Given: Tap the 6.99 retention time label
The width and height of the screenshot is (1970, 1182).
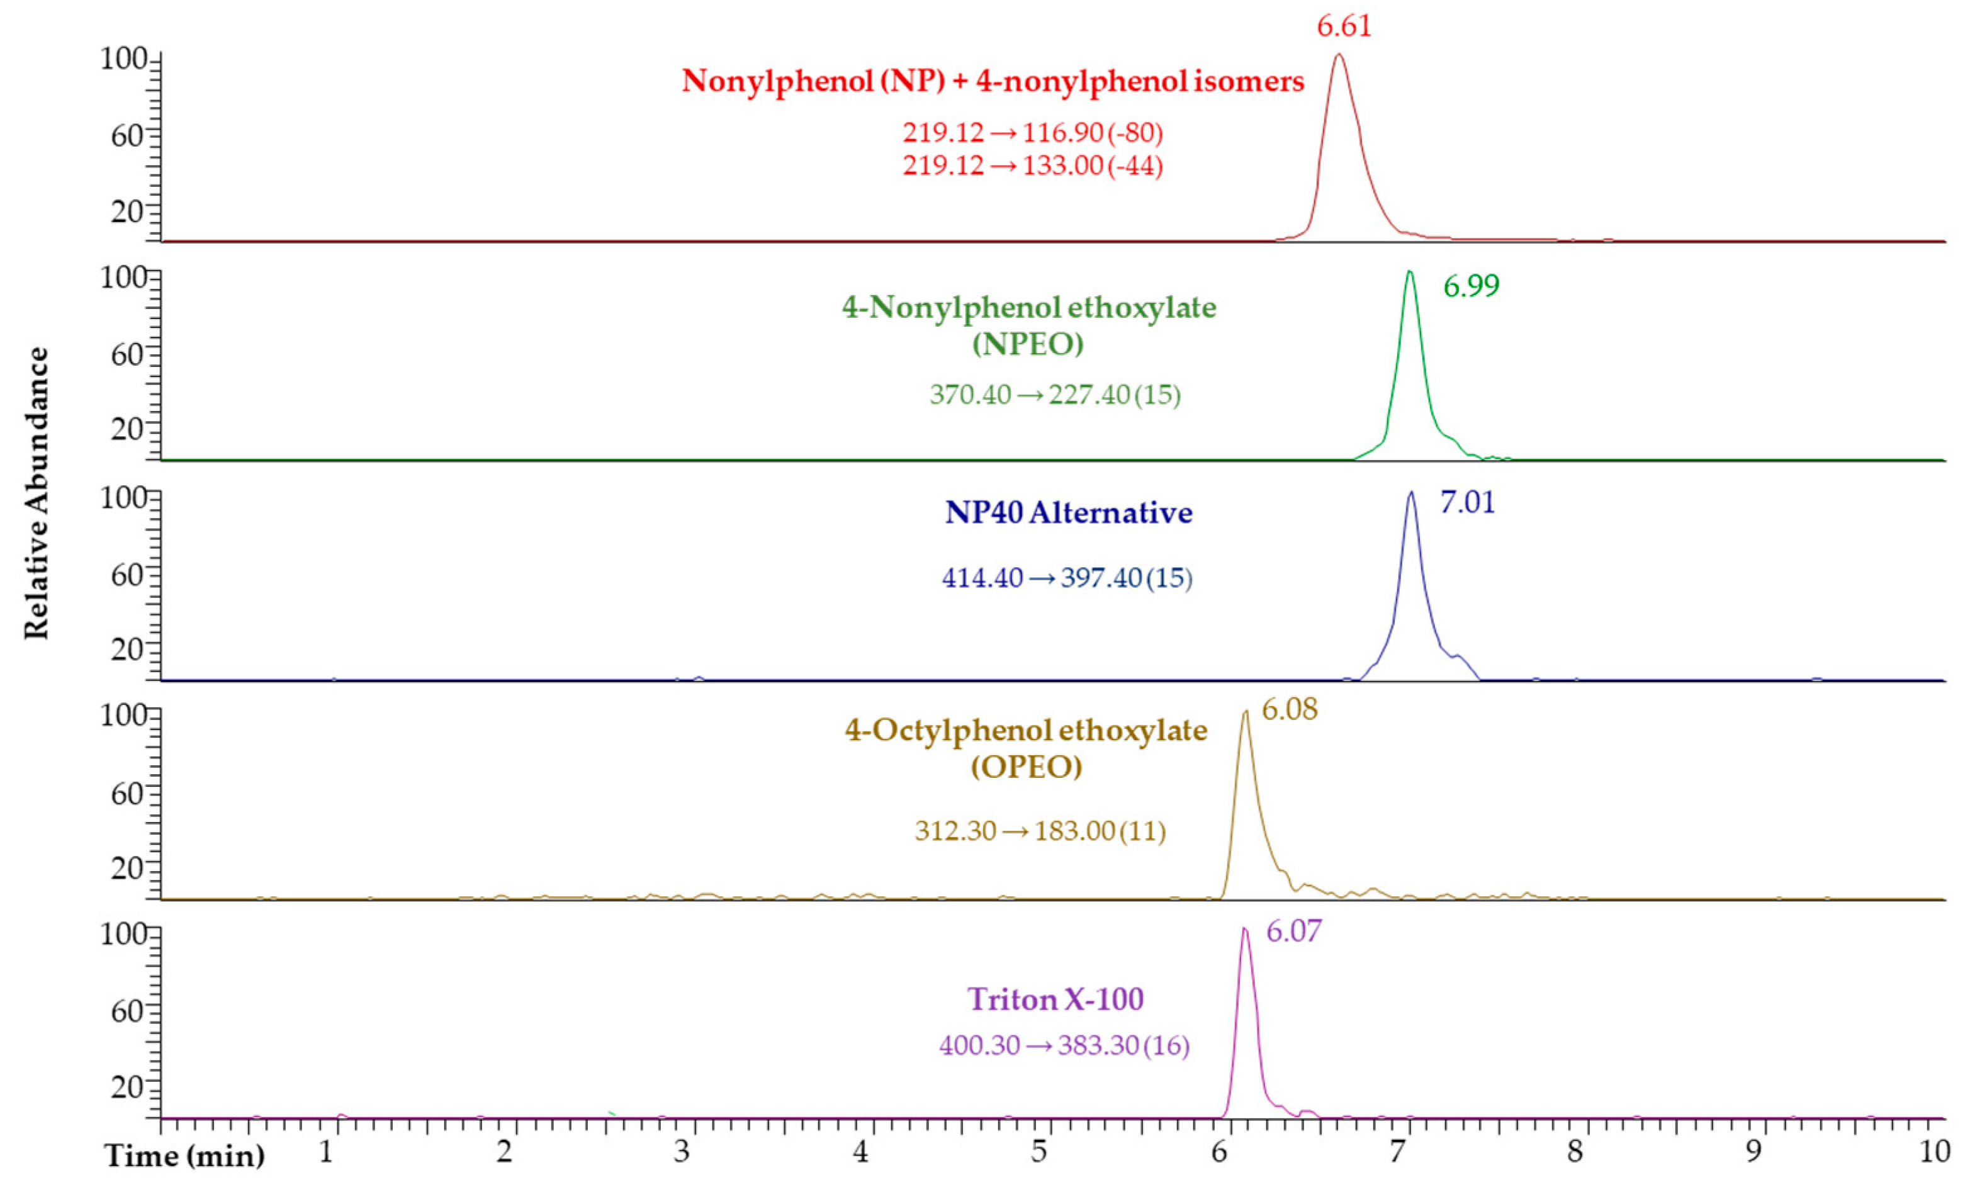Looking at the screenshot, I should pos(1471,286).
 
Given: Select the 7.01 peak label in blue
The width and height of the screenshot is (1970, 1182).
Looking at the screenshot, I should pos(1468,504).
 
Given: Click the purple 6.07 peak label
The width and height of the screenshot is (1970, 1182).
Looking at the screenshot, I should pos(1293,930).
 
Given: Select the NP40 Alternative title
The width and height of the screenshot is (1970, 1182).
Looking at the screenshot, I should pos(1069,512).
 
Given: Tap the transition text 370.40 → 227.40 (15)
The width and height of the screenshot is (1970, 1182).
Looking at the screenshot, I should pos(1055,394).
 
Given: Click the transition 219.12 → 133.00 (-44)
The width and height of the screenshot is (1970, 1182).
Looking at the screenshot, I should pos(1033,166).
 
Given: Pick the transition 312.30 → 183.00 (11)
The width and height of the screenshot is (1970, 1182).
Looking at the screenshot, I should pos(1040,831).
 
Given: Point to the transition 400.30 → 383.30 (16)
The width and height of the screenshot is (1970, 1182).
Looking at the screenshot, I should pos(1064,1045).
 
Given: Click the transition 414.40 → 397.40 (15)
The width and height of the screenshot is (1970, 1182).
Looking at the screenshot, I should pos(1067,577).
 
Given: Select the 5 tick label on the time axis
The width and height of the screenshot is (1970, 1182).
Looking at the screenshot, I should pos(1039,1152).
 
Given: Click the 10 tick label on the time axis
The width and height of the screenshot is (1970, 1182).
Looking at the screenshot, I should pos(1934,1152).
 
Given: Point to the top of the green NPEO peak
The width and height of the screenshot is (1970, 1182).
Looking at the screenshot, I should pos(1409,272).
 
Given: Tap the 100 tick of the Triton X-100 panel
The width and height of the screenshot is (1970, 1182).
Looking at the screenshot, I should pos(124,933).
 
